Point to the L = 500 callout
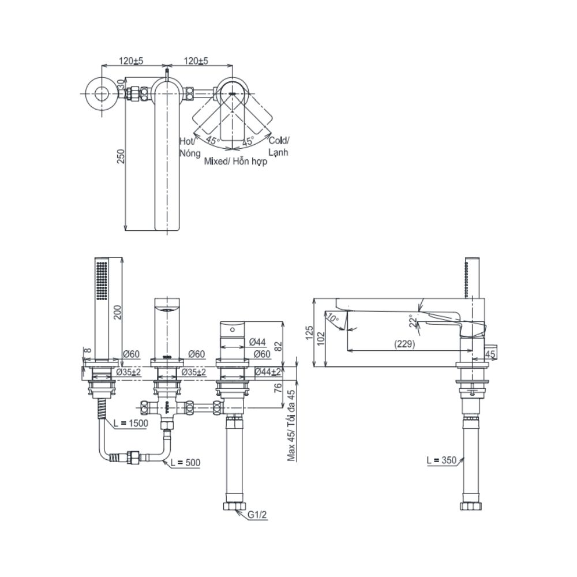tap(185, 463)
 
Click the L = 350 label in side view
tap(441, 460)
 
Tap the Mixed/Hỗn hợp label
tap(236, 162)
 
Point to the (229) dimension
tap(403, 343)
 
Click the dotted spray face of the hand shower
tap(102, 280)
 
